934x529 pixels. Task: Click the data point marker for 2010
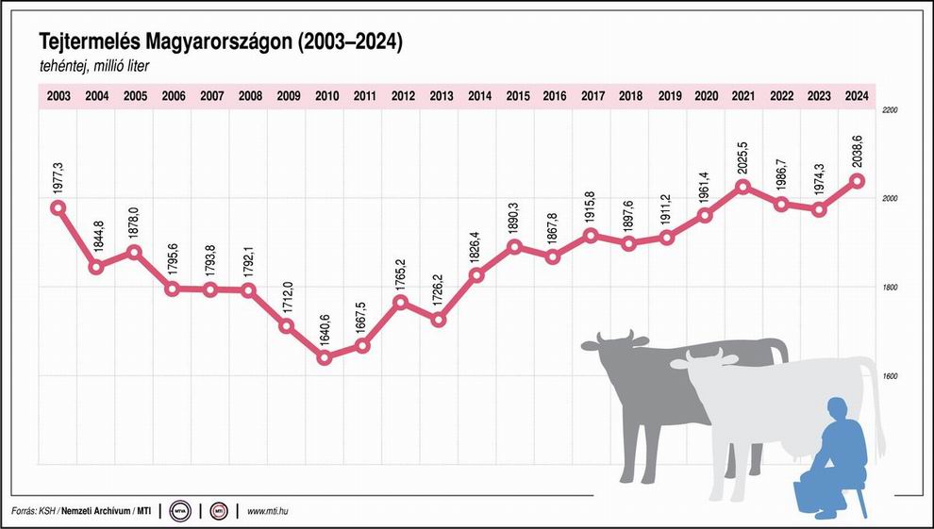click(x=325, y=357)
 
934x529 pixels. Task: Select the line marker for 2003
click(x=58, y=207)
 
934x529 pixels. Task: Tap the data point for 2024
click(x=857, y=180)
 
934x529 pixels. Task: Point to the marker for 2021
click(x=742, y=187)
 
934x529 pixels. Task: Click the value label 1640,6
click(x=325, y=332)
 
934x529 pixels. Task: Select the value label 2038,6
click(x=857, y=152)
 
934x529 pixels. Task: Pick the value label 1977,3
click(x=58, y=179)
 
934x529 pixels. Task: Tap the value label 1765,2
click(x=401, y=276)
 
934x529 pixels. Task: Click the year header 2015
click(x=517, y=95)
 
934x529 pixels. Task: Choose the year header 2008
click(x=250, y=95)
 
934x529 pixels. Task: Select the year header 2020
click(x=705, y=95)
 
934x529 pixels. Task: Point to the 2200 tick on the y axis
click(x=888, y=110)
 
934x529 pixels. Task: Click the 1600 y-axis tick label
click(x=888, y=376)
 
